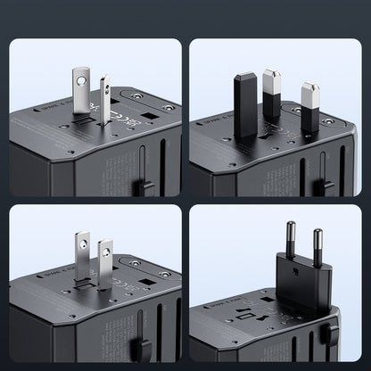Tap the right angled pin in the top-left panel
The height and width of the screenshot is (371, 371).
click(x=105, y=95)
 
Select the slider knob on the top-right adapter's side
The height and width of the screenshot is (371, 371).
click(x=325, y=186)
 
